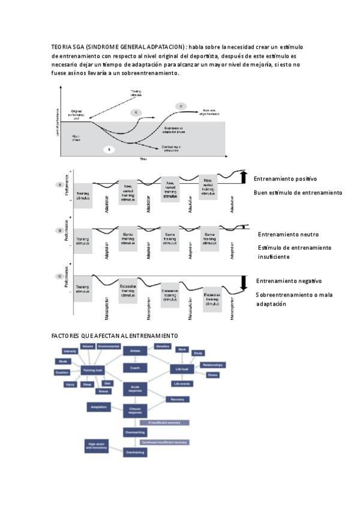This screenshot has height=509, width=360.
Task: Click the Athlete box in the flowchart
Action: (x=134, y=349)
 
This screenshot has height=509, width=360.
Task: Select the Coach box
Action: (x=134, y=367)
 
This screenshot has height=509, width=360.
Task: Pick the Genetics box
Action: (x=163, y=346)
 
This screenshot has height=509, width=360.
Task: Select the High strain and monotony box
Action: (x=98, y=445)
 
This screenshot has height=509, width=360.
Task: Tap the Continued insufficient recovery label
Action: (x=164, y=442)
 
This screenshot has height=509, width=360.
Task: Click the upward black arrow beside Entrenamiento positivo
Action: (x=244, y=176)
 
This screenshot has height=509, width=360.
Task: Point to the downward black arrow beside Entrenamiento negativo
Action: (x=244, y=283)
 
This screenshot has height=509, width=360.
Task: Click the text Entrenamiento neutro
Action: (x=288, y=234)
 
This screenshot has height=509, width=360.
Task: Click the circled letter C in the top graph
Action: (x=181, y=106)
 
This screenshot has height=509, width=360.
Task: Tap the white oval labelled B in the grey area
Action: (x=109, y=148)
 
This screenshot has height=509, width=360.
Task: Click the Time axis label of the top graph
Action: (x=143, y=159)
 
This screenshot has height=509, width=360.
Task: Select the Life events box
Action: (x=182, y=384)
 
